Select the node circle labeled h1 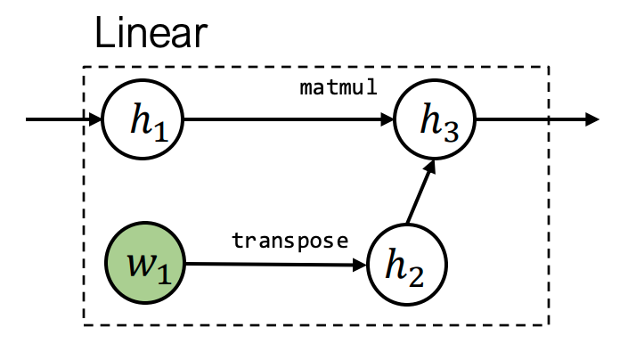(143, 120)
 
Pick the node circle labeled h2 (406, 265)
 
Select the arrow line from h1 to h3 (285, 120)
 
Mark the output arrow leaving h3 (534, 120)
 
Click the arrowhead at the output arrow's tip (591, 120)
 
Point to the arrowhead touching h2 (360, 265)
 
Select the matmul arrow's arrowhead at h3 (390, 120)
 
